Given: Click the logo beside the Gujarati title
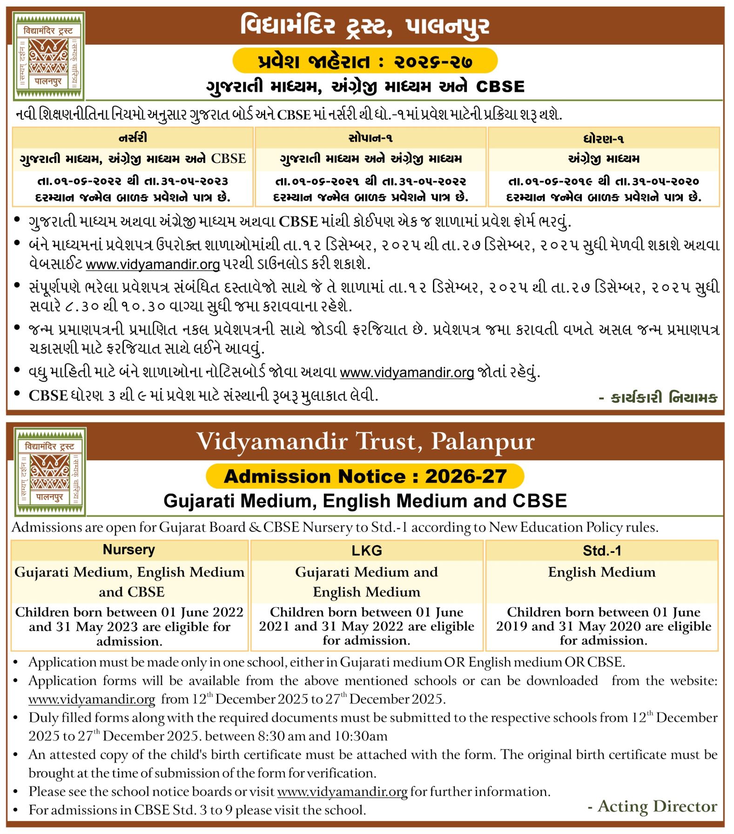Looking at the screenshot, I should (49, 56).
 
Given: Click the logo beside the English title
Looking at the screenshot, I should (50, 471).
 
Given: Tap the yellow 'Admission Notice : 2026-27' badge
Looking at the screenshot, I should (365, 476).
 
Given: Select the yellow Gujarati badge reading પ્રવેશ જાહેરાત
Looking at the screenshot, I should (365, 61).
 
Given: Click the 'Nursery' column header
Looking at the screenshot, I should (129, 550).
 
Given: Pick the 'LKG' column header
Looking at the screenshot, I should (367, 551).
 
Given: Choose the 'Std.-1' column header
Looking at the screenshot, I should (602, 551).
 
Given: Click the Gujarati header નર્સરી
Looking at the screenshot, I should (133, 138).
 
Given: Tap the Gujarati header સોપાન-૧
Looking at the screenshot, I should (370, 138).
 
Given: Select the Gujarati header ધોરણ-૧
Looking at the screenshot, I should (604, 139).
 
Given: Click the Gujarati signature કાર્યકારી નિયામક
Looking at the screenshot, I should (659, 397).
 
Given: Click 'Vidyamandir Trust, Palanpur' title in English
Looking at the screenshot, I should (365, 441).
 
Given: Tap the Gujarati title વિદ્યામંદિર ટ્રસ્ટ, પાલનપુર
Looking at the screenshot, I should (365, 26).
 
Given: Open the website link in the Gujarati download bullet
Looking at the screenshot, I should (153, 264).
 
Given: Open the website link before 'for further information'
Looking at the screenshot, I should (342, 792).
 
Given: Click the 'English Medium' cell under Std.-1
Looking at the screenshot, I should (602, 572).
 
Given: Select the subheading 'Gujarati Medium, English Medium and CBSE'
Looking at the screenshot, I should (365, 501).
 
